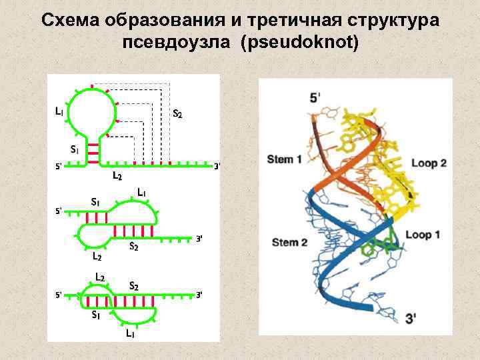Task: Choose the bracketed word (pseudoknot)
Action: click(301, 44)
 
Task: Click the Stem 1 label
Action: click(285, 159)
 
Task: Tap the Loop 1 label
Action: click(423, 235)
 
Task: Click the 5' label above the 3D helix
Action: click(315, 98)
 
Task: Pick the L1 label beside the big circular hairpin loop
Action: click(60, 111)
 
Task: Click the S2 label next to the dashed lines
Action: click(177, 113)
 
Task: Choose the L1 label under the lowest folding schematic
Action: click(131, 333)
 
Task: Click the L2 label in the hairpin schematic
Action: click(117, 176)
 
